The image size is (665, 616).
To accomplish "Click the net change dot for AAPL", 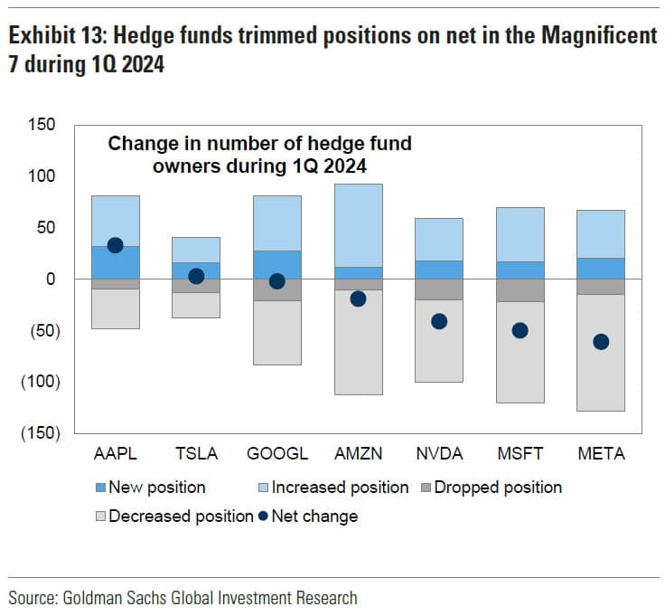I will [115, 245].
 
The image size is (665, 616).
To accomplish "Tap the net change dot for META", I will [601, 341].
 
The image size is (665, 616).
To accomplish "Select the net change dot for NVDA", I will [439, 321].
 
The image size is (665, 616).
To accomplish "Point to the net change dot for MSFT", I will [520, 330].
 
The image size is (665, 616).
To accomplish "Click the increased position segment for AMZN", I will [358, 225].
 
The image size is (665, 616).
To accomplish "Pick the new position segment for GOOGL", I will [277, 264].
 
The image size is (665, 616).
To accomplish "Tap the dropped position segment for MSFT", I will [520, 289].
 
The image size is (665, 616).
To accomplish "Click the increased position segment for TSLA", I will [196, 250].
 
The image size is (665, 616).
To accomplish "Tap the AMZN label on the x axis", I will [358, 454].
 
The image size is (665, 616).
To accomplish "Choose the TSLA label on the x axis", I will [196, 454].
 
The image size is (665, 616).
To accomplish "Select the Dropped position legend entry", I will [497, 488].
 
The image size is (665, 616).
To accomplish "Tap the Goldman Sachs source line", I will [183, 598].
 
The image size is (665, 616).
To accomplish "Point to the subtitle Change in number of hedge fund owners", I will [259, 155].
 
